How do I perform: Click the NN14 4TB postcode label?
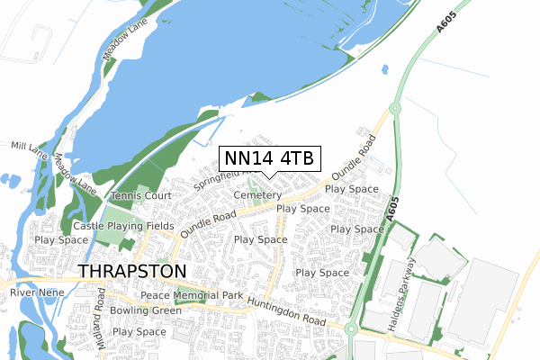tap(268, 158)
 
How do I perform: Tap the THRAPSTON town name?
tap(132, 271)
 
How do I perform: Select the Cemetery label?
tap(251, 195)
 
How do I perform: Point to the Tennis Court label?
tap(140, 195)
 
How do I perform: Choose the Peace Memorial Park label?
tap(192, 295)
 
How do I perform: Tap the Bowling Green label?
tap(145, 310)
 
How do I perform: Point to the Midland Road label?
tap(101, 320)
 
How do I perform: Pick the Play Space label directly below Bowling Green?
tap(139, 332)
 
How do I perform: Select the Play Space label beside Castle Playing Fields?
tap(60, 241)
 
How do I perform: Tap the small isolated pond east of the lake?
tap(386, 68)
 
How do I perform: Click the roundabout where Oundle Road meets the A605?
tap(393, 110)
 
